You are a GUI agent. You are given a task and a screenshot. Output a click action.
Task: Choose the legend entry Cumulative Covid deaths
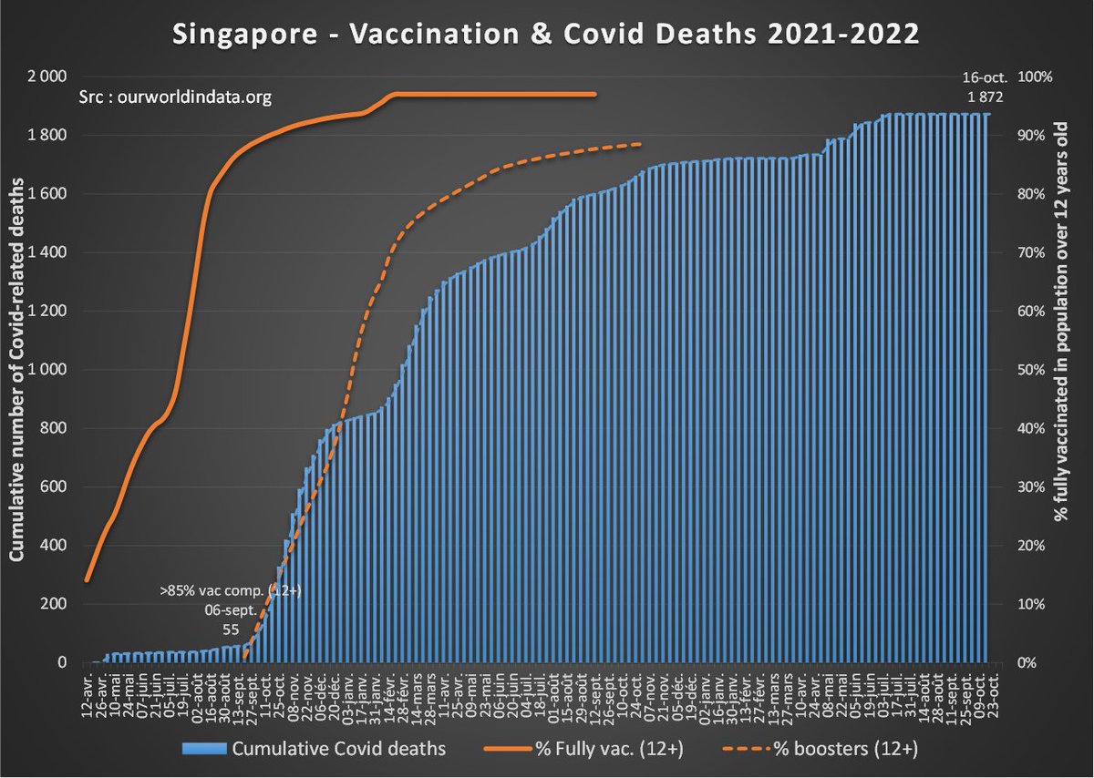[315, 749]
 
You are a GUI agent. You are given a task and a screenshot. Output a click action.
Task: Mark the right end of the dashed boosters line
[641, 144]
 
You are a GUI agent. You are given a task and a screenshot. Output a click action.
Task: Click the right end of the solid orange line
[595, 94]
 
